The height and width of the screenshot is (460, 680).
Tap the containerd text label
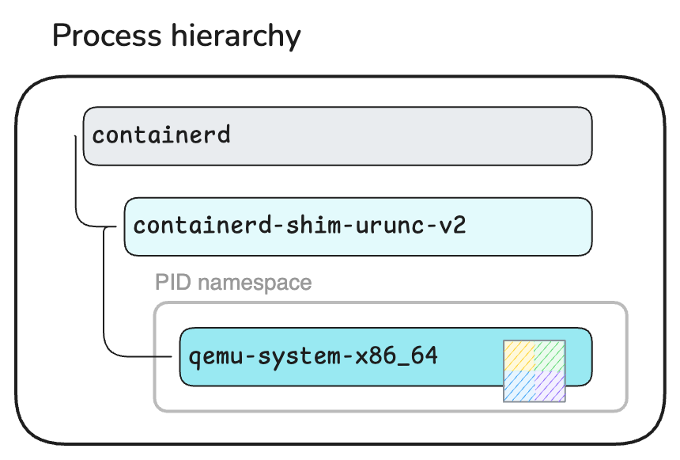coord(161,135)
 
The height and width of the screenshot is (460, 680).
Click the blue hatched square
coord(519,386)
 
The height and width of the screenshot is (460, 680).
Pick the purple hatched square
coord(550,386)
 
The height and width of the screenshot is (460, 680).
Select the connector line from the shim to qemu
coord(104,293)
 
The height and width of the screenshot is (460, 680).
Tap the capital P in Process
coord(61,36)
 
